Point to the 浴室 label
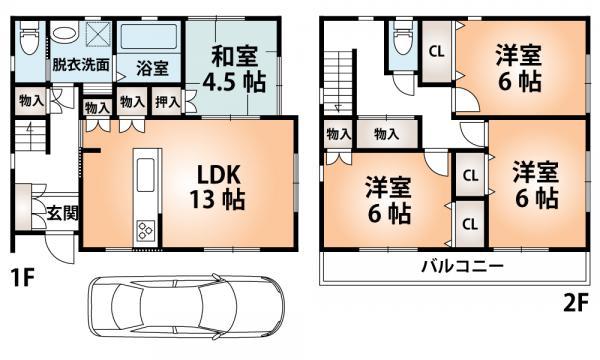coord(152,69)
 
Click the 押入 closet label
coord(166,101)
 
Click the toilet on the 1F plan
coord(29,41)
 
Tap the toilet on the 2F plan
coord(403,43)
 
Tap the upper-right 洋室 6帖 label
coord(518,69)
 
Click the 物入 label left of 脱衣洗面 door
coord(30,100)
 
